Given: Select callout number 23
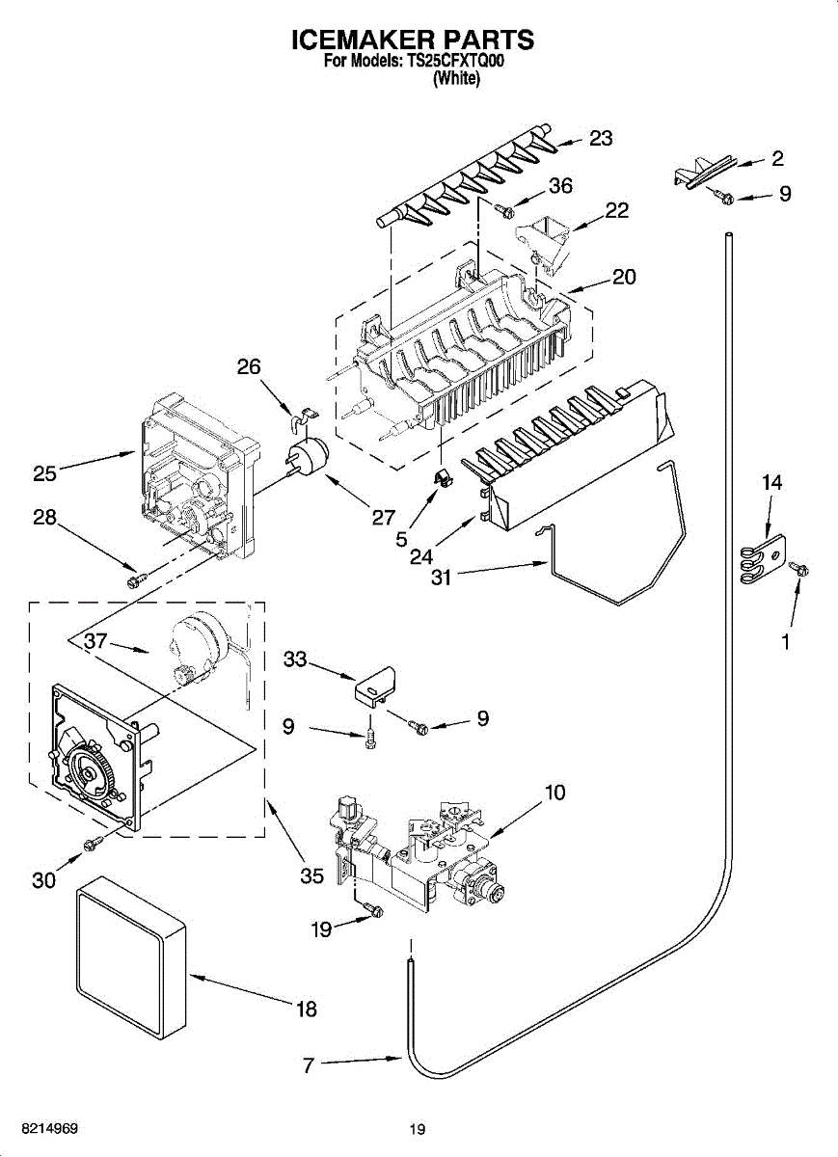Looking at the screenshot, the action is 601,138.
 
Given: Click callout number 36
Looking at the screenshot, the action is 560,185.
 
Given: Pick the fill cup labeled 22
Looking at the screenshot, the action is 545,244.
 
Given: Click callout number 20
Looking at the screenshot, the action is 624,277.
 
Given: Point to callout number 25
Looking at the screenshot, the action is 44,473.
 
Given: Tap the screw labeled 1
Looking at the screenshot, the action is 799,570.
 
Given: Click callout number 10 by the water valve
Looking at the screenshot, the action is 555,793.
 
